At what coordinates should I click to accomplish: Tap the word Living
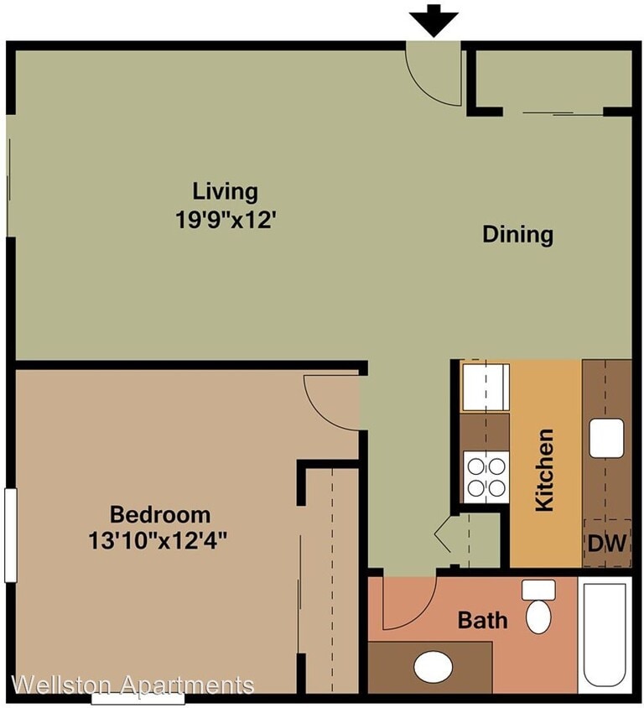(225, 191)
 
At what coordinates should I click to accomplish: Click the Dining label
(517, 234)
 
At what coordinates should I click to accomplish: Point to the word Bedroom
(160, 513)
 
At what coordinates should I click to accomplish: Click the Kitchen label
(545, 470)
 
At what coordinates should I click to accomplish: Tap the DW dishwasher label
(607, 544)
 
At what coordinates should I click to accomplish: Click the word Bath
(482, 621)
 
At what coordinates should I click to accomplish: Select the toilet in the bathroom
(538, 608)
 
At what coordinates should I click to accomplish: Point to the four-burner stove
(486, 476)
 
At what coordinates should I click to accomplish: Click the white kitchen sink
(605, 437)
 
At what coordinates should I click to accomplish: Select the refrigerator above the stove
(485, 386)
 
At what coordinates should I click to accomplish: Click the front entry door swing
(433, 75)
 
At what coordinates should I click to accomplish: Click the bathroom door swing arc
(407, 604)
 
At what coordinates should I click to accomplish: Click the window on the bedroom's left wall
(10, 534)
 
